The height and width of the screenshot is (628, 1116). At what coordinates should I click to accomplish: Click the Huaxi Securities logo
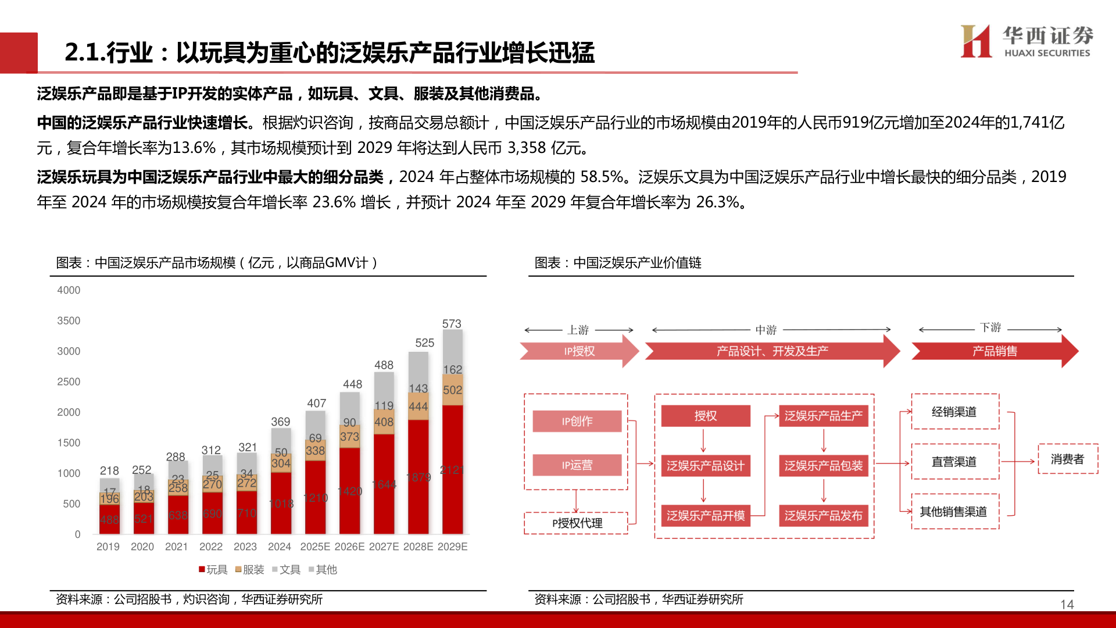1026,41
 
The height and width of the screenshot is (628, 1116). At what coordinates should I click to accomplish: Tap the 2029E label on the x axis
452,547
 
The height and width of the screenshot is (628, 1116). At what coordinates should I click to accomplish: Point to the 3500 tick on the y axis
69,321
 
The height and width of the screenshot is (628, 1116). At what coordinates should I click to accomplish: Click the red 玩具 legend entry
213,570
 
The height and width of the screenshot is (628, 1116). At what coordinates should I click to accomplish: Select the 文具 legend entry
286,570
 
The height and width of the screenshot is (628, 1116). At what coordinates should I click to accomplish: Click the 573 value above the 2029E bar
452,324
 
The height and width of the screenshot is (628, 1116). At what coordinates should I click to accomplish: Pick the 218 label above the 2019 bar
109,470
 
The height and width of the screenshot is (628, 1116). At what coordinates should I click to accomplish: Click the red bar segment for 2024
281,503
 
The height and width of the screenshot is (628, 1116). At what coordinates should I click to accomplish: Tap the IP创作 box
577,421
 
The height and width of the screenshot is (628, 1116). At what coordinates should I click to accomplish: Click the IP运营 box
577,465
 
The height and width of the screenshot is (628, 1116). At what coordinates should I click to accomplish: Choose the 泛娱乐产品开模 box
705,516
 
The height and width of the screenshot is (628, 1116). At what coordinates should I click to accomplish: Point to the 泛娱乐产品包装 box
823,466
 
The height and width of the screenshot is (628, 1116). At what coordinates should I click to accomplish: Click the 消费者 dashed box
1067,459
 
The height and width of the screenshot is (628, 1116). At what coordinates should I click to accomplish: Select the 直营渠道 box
954,462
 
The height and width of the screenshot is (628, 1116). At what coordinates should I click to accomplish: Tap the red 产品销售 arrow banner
995,351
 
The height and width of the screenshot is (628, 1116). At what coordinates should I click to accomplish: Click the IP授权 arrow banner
579,351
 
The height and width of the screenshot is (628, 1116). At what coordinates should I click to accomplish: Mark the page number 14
1067,605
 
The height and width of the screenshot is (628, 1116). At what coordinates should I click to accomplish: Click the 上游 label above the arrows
578,330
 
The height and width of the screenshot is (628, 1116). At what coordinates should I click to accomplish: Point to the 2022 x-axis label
211,547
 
